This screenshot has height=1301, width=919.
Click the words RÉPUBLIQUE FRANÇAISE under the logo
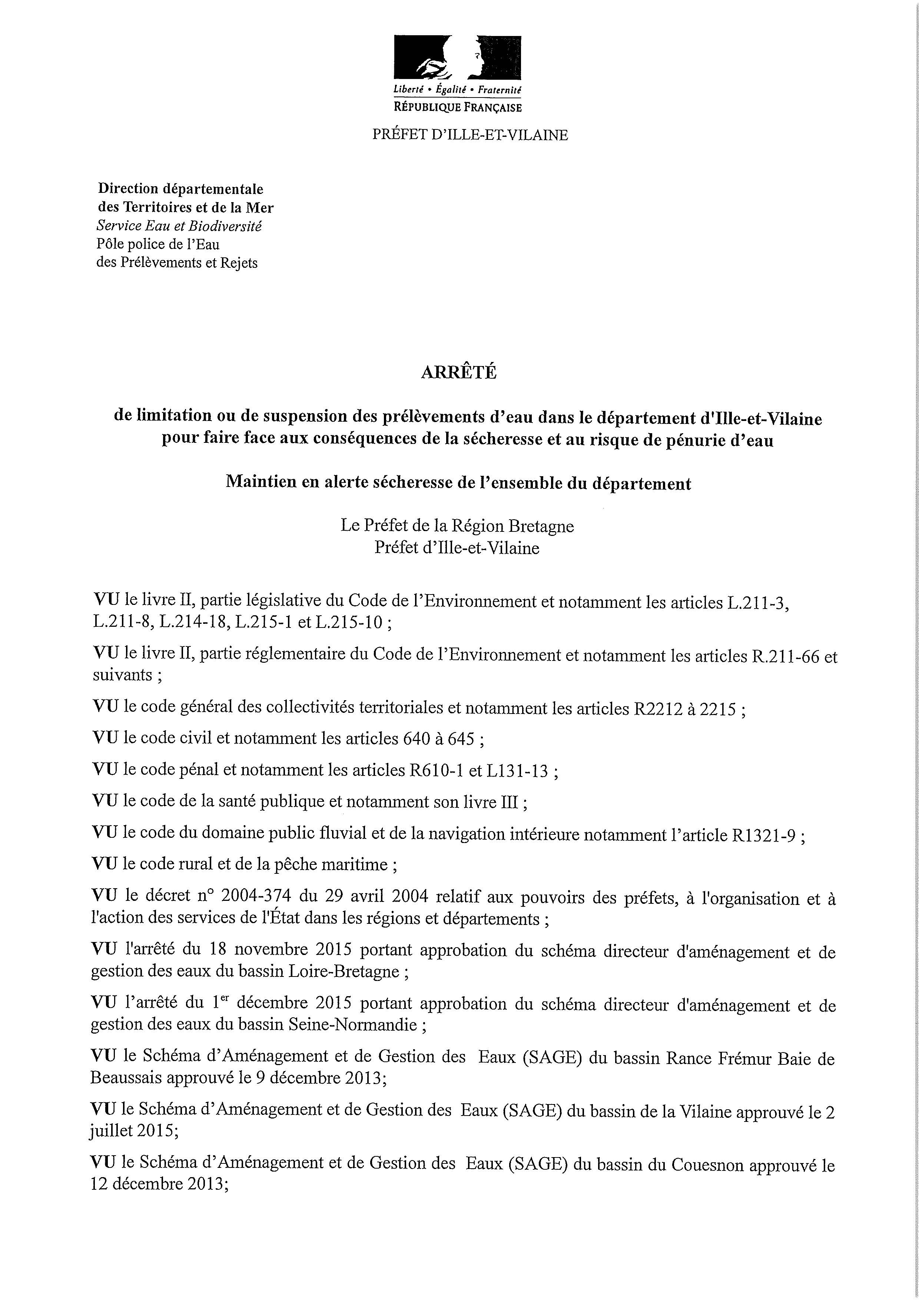[x=458, y=107]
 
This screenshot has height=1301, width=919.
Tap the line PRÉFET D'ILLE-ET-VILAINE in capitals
[x=470, y=135]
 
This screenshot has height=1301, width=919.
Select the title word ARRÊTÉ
[x=459, y=372]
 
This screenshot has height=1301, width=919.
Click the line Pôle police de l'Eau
[x=158, y=244]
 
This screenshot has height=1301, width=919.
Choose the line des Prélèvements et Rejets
[x=177, y=263]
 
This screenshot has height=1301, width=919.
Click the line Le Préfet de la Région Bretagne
[x=457, y=526]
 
